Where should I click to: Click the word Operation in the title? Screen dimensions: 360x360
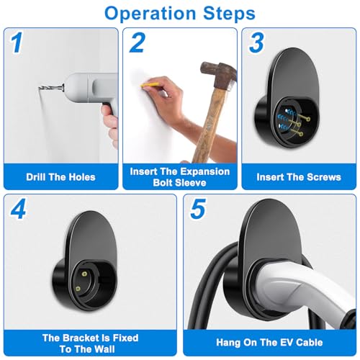150,14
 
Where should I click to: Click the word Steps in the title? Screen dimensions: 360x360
229,13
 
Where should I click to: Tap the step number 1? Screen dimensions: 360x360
17,42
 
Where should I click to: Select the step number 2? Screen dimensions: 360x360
138,42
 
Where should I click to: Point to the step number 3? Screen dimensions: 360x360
256,42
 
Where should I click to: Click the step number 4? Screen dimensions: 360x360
18,210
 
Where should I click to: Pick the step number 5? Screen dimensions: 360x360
198,209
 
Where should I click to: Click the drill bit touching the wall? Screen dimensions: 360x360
51,88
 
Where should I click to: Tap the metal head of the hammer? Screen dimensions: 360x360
218,74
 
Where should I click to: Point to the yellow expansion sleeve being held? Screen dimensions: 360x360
150,84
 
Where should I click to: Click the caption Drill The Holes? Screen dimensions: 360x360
60,177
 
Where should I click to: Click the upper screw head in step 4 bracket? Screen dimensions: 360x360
84,274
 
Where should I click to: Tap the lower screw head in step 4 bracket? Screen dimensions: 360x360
78,289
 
